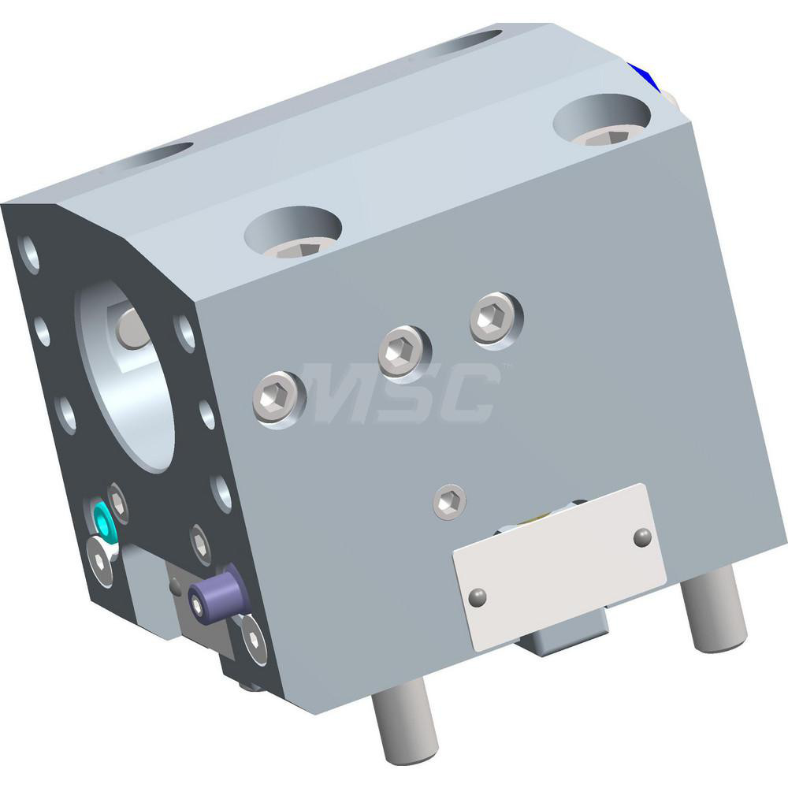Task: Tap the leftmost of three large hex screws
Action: [x=279, y=396]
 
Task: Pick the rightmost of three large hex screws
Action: [x=496, y=316]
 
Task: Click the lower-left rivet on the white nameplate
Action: [x=476, y=597]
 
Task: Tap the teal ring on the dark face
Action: [x=102, y=519]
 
